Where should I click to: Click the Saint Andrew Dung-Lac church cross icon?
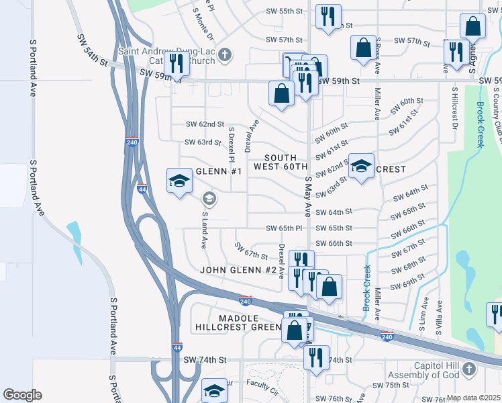pos(225,54)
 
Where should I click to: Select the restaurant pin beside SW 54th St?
pos(177,64)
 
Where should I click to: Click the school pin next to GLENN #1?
pos(179,181)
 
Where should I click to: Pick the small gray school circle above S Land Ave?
pos(209,198)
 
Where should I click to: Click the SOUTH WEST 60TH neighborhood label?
pos(281,162)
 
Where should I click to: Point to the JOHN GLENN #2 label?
pos(238,270)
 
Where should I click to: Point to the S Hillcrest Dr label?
pos(454,108)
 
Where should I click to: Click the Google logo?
pos(22,395)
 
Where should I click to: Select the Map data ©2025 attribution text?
pos(472,398)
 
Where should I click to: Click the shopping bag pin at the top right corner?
pos(472,28)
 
